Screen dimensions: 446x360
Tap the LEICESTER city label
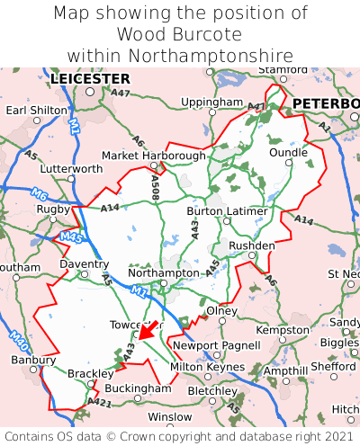click(90, 79)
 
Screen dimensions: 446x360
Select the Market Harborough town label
click(154, 156)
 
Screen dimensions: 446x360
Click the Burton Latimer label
click(227, 211)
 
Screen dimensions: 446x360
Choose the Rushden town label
click(252, 245)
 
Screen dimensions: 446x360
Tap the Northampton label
click(163, 272)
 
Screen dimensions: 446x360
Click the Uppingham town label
click(211, 103)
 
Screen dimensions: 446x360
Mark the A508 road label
click(156, 188)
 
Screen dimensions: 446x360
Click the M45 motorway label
click(71, 237)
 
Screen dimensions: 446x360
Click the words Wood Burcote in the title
click(179, 34)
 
